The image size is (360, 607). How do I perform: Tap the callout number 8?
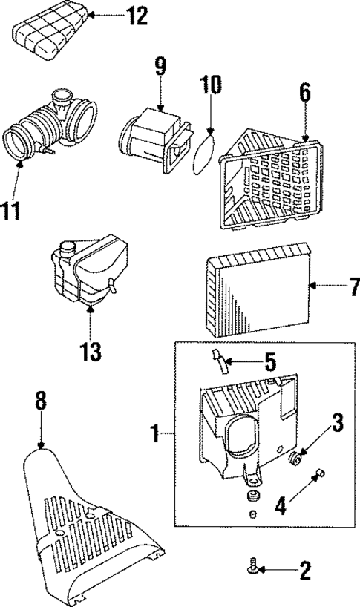40,401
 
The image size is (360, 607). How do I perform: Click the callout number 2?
304,571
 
